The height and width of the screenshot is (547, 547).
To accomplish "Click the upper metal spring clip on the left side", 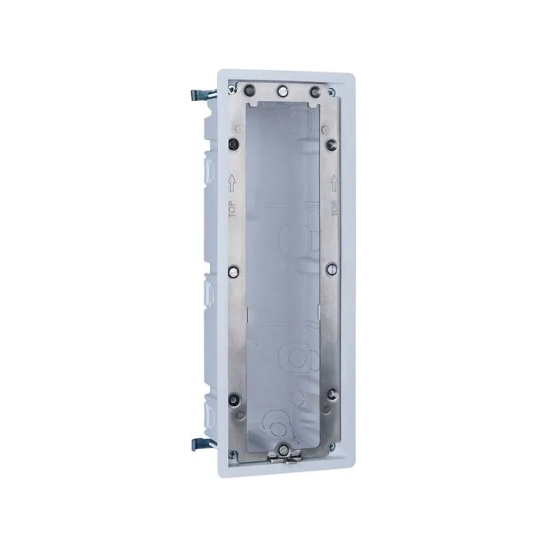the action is [x=204, y=94].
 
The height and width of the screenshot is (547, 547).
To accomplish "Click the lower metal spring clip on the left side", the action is [x=204, y=444].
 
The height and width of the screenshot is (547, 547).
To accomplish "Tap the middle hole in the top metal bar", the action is [x=282, y=91].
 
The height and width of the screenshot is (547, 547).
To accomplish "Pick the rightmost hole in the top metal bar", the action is [x=315, y=91].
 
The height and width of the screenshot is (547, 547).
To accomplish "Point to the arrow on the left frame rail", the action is [x=232, y=183].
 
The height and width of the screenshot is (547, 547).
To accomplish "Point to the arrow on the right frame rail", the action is [x=334, y=182].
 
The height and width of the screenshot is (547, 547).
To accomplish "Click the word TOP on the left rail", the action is [x=232, y=209].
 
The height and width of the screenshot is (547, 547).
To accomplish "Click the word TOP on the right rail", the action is [x=334, y=208].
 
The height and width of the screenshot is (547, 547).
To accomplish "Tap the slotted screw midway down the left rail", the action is [x=234, y=271].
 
